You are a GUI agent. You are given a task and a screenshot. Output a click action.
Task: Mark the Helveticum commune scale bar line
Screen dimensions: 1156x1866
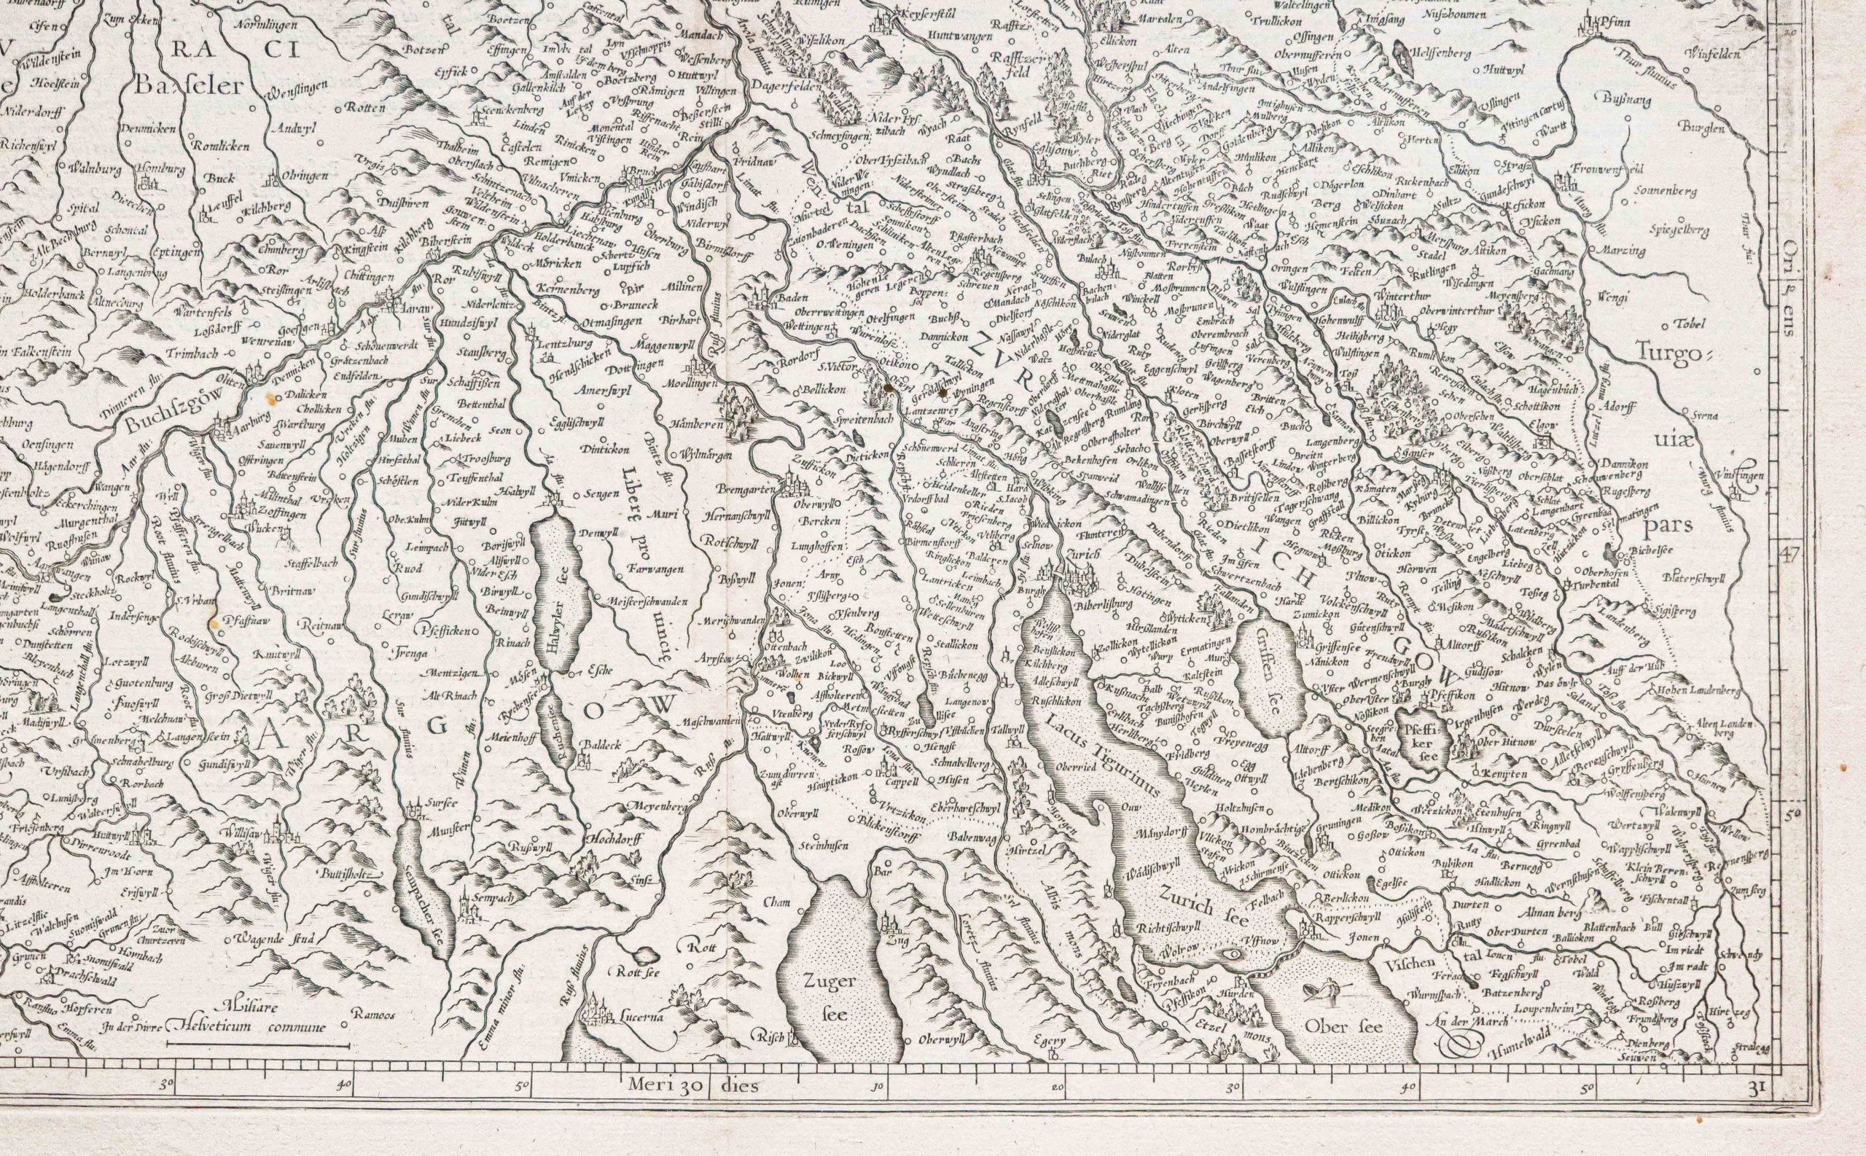coord(257,1045)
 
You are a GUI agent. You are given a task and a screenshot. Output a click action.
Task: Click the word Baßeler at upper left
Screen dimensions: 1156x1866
coord(189,85)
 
